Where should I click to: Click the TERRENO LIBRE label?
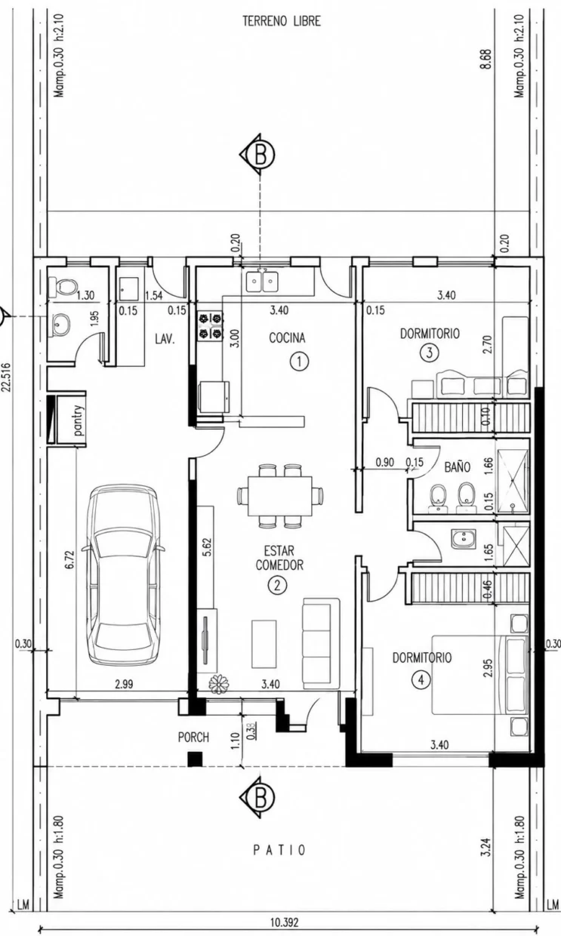tap(282, 22)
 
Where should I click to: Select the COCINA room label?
tap(287, 337)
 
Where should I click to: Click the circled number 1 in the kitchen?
tap(299, 362)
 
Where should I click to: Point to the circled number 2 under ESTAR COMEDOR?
tap(278, 586)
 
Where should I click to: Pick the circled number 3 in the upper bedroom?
tap(430, 353)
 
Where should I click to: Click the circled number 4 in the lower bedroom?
tap(421, 680)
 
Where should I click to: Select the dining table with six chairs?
tap(280, 496)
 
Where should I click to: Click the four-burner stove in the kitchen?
tap(210, 325)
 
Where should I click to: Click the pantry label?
tap(79, 420)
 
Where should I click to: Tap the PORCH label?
tap(193, 737)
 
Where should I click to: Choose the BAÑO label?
tap(458, 467)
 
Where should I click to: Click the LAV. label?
tap(165, 339)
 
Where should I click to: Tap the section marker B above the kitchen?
tap(258, 155)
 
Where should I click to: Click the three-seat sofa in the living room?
tap(321, 643)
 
